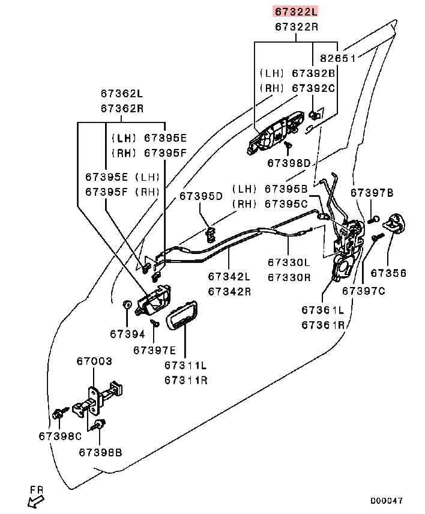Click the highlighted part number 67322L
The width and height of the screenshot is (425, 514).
point(296,11)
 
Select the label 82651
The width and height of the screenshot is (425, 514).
point(338,58)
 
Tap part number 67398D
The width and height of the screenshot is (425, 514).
point(289,163)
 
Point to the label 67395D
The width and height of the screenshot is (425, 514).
point(200,196)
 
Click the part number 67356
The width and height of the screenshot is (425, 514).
point(388,273)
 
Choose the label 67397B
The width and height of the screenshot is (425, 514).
point(372,193)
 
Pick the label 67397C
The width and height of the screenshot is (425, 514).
point(363,291)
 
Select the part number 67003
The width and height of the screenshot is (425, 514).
point(94,361)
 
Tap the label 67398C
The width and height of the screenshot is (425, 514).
point(60,435)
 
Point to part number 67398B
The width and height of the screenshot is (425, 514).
point(100,452)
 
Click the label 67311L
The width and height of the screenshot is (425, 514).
point(185,365)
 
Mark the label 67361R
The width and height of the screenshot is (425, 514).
point(322,325)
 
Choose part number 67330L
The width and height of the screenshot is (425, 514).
point(289,262)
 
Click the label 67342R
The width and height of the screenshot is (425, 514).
point(229,291)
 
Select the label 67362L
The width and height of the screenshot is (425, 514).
point(122,94)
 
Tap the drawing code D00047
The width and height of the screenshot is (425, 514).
point(386,500)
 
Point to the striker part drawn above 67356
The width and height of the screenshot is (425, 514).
point(394,224)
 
